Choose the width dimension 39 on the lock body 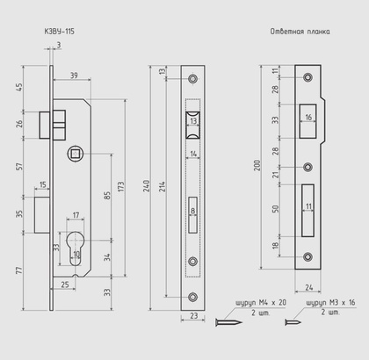pos(73,76)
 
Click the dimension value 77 pos(19,274)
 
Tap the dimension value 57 pos(19,166)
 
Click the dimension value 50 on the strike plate pos(275,208)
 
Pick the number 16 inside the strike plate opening pos(308,116)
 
